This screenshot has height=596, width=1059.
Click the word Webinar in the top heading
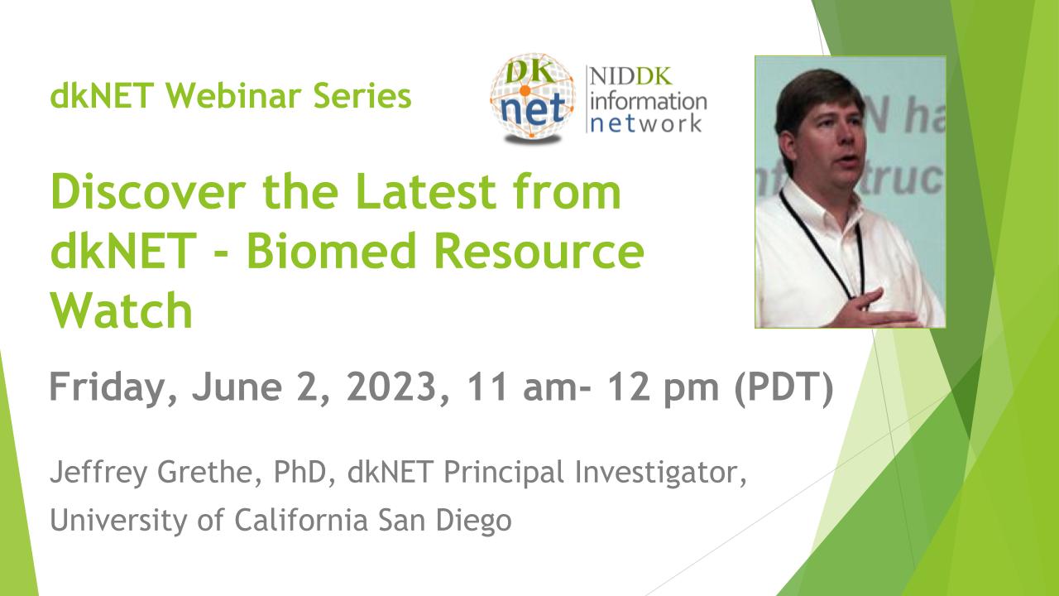pos(233,95)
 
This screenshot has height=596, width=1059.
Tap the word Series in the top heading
pos(362,95)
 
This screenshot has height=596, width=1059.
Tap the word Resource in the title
pos(539,250)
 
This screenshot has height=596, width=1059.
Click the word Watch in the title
pos(122,310)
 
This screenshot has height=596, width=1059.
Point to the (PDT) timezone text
pos(783,388)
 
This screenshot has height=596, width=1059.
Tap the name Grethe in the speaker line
pos(209,472)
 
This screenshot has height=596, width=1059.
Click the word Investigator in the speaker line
pos(660,473)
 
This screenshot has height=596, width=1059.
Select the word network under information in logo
pos(646,123)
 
